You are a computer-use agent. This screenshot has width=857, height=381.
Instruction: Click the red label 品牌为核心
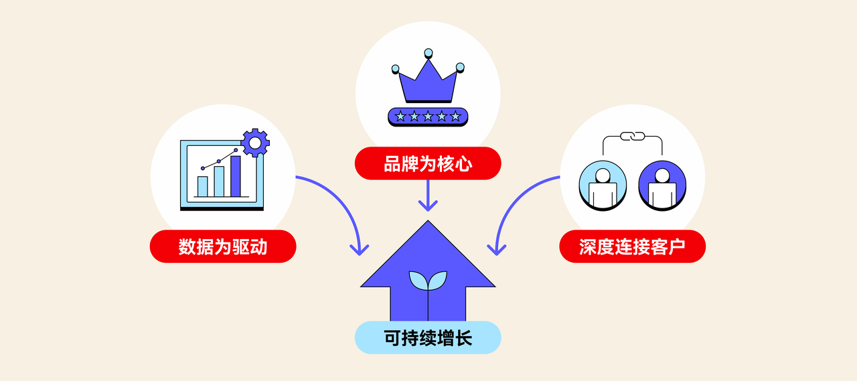(428, 163)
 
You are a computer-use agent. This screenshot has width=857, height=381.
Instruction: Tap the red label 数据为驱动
(223, 246)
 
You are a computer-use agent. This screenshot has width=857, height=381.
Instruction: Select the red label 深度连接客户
(632, 246)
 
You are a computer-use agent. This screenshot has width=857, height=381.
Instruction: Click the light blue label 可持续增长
(428, 337)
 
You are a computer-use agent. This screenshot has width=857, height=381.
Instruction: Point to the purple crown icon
(428, 79)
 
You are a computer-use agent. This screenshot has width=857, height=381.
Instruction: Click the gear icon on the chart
(254, 142)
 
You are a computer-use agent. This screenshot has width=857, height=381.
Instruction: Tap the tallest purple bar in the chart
(236, 175)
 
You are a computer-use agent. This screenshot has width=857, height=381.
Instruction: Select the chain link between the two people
(632, 136)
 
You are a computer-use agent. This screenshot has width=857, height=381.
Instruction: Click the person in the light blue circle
(603, 186)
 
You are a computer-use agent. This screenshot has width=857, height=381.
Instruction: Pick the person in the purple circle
(662, 186)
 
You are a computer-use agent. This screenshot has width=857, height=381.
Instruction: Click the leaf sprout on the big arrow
(428, 282)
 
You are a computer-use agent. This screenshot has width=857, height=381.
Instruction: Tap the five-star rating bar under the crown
(428, 117)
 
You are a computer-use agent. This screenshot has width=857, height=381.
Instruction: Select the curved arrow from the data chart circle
(341, 208)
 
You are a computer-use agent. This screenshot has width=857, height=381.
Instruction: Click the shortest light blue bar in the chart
(202, 186)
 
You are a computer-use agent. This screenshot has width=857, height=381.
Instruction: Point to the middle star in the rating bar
(428, 117)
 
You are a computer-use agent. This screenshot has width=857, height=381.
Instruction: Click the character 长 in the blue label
(463, 337)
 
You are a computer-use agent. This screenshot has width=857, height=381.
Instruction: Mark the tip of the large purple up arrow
(428, 224)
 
